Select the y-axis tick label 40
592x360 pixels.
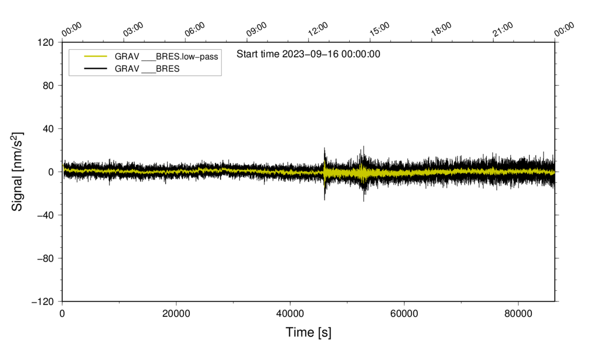(48, 129)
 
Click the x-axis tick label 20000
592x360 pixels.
(176, 313)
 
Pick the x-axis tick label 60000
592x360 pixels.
(404, 313)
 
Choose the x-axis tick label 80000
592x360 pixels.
(518, 313)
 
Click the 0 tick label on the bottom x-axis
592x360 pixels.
(62, 313)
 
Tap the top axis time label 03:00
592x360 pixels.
(133, 29)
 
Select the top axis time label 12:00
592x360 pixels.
(318, 29)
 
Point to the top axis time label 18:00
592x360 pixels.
(441, 29)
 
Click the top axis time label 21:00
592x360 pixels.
(503, 29)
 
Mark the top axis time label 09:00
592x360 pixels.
(257, 29)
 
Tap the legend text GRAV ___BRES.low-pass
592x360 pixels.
(166, 57)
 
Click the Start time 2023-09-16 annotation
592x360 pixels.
(308, 54)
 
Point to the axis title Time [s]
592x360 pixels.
(309, 333)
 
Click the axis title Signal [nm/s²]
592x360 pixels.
(17, 172)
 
